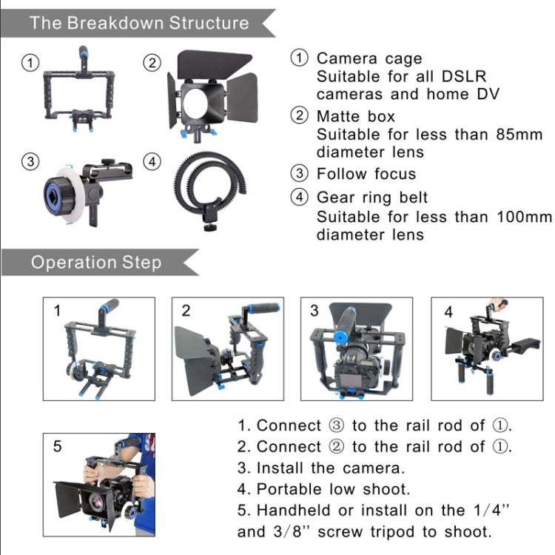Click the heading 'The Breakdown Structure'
pos(139,22)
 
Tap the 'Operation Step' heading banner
pos(96,263)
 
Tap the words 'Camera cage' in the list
pos(369,58)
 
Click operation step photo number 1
pos(99,342)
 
